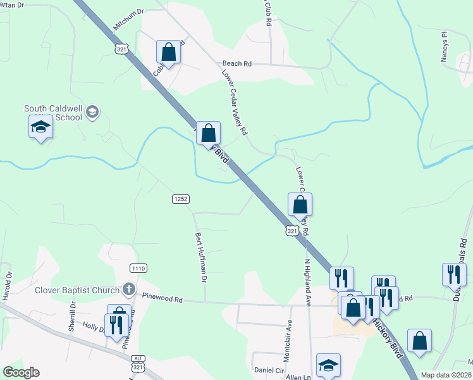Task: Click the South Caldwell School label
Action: tap(53, 113)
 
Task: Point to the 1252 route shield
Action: tap(180, 199)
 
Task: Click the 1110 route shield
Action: tap(138, 269)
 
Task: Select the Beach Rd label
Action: tap(237, 63)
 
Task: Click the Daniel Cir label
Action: tap(269, 370)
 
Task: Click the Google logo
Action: tap(21, 372)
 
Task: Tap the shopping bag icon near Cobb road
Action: tap(169, 52)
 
